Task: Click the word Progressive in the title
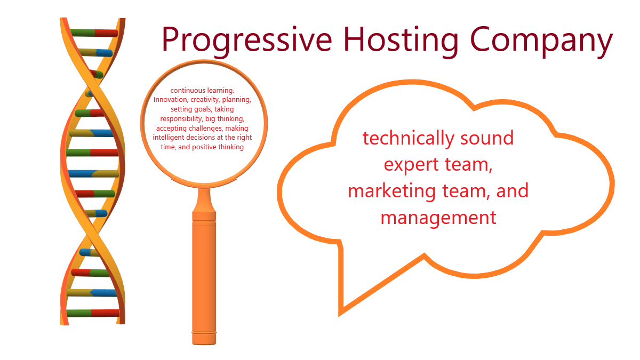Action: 247,39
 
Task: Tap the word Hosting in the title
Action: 401,39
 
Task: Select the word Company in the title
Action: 541,39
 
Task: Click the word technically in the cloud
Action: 409,139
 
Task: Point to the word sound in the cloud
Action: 487,138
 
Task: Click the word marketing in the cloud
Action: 391,191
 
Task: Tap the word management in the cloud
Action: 438,218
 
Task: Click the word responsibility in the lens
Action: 181,119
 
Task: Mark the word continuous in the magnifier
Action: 188,91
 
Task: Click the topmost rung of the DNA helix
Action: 94,33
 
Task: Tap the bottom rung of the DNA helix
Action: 93,313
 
